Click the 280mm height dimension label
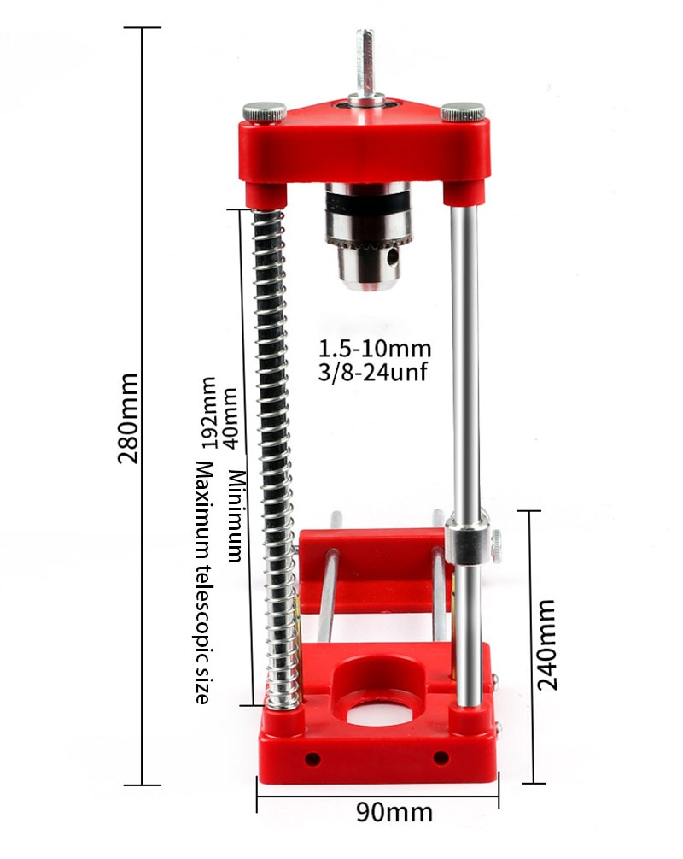click(130, 418)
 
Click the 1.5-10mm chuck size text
click(375, 349)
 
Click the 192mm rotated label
click(208, 413)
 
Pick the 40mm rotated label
click(228, 411)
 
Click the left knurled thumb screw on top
click(266, 111)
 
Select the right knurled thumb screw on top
click(463, 111)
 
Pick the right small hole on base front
click(441, 757)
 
